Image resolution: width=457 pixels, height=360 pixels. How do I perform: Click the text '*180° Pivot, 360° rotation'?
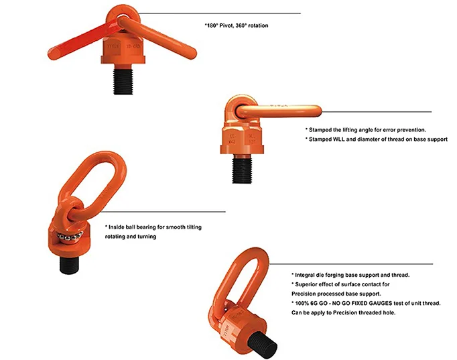click(x=241, y=25)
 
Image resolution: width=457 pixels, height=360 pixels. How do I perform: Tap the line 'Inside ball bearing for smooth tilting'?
click(x=153, y=227)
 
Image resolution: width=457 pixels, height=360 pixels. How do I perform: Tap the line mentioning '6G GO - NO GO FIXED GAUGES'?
click(x=365, y=303)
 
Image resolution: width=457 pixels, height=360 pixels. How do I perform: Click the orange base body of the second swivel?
click(x=243, y=137)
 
